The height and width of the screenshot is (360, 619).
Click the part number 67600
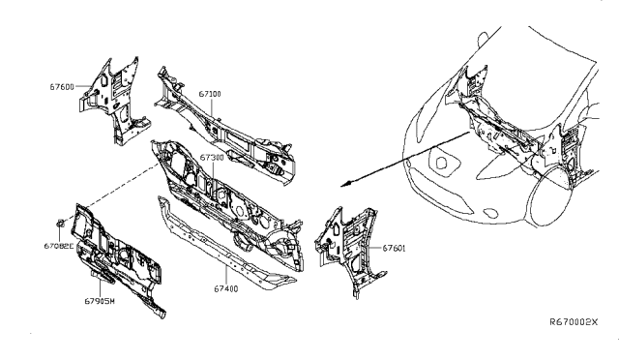[63, 86]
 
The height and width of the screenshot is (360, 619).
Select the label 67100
[211, 95]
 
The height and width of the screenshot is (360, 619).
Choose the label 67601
[394, 249]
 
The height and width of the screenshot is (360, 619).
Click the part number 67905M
[99, 301]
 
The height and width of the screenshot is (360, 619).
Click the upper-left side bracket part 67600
[114, 97]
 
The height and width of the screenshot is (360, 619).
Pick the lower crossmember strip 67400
[232, 247]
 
